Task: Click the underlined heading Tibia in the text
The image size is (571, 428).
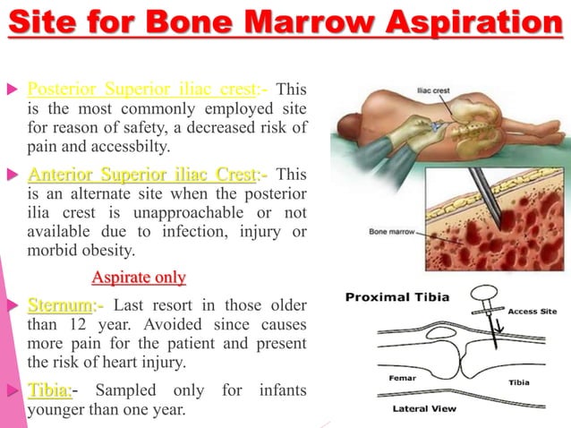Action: pos(48,391)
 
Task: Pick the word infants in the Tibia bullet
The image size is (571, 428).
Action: pos(278,391)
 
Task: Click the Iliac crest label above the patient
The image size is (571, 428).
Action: pos(437,91)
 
